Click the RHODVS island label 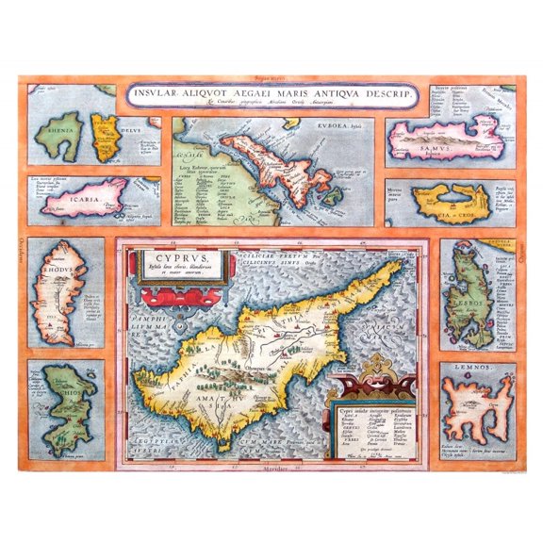(50, 263)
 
